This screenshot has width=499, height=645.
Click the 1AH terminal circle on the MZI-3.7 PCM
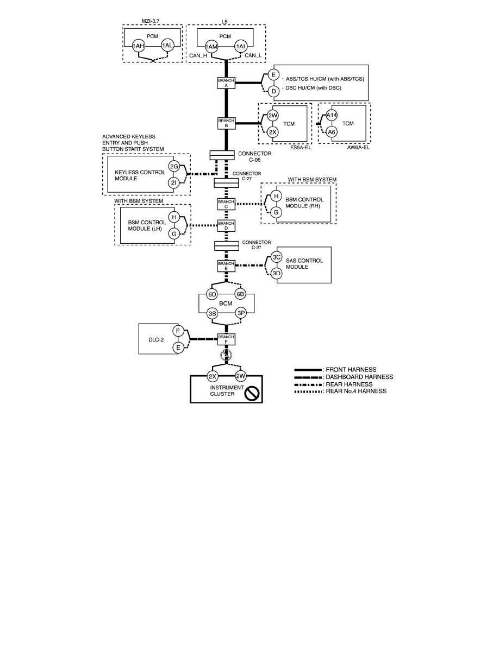click(138, 46)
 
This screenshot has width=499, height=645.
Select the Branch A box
click(226, 82)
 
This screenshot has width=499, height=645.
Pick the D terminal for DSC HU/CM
click(273, 91)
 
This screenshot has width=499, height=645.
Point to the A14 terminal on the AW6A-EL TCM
click(332, 115)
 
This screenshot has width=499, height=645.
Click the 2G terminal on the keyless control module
click(174, 166)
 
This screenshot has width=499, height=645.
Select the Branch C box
click(226, 204)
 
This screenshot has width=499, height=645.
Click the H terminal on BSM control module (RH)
click(276, 196)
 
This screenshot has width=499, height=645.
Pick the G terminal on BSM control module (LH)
click(174, 234)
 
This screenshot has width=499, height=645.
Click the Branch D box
click(226, 225)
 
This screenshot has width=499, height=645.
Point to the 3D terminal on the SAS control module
click(276, 274)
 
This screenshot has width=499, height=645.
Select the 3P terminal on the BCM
click(240, 313)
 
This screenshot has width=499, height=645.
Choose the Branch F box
click(226, 339)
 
